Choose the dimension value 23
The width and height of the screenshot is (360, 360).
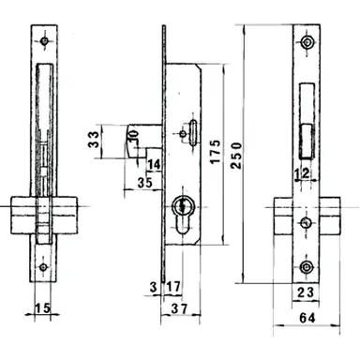306,292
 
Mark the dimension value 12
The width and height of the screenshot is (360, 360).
301,173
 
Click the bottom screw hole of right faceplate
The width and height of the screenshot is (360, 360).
307,268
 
